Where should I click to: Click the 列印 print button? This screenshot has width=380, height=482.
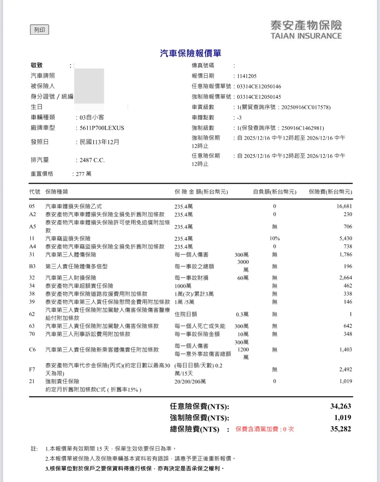click(40, 30)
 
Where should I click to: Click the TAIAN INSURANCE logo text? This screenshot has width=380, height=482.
click(306, 36)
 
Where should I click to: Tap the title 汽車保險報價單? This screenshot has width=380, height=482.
click(190, 53)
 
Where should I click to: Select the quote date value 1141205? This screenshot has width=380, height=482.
click(247, 76)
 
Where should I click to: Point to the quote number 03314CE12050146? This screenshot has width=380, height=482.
click(259, 86)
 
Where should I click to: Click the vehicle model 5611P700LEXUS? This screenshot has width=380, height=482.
click(102, 128)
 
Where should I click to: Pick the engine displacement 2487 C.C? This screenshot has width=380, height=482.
click(92, 160)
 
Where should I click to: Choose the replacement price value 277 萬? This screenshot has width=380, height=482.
click(83, 174)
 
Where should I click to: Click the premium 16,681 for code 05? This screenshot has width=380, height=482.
click(344, 206)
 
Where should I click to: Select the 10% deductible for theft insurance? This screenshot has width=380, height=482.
click(274, 238)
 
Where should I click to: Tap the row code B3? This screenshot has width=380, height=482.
click(32, 266)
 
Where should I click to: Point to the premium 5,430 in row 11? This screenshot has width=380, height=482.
click(346, 238)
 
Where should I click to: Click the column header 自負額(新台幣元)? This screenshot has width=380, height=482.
click(274, 192)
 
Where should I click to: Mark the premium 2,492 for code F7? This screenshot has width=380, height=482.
click(346, 369)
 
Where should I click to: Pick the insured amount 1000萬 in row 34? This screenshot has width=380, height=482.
click(183, 286)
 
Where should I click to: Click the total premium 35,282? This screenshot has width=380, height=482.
click(340, 429)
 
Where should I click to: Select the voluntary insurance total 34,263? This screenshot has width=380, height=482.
click(340, 406)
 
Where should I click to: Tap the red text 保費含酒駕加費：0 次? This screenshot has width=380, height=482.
click(264, 429)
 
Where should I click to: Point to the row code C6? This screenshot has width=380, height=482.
click(32, 350)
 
